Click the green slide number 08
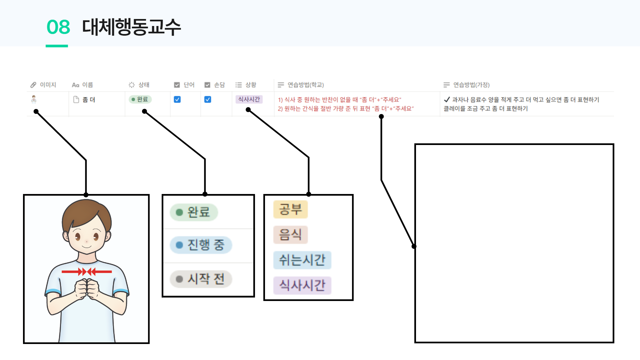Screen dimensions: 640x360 [58, 27]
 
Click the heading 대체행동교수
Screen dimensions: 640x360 [131, 27]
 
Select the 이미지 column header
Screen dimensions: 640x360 [44, 85]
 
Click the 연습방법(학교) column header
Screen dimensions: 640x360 [301, 85]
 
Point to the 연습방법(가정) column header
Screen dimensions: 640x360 [467, 85]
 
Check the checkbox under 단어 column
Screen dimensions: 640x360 [177, 99]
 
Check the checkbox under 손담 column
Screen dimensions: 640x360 [208, 99]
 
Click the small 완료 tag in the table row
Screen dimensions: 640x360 [140, 99]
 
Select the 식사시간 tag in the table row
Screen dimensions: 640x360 [249, 99]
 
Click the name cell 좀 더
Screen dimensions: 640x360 [88, 100]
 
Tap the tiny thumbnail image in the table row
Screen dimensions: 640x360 [34, 99]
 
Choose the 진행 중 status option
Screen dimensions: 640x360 [201, 245]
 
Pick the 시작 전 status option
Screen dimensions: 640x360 [201, 279]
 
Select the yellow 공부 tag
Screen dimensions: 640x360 [290, 209]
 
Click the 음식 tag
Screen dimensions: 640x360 [290, 234]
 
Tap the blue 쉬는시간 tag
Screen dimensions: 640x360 [302, 260]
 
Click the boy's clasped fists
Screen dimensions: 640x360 [87, 289]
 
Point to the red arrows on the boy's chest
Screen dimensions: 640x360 [87, 272]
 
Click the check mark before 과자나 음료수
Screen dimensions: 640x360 [447, 99]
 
